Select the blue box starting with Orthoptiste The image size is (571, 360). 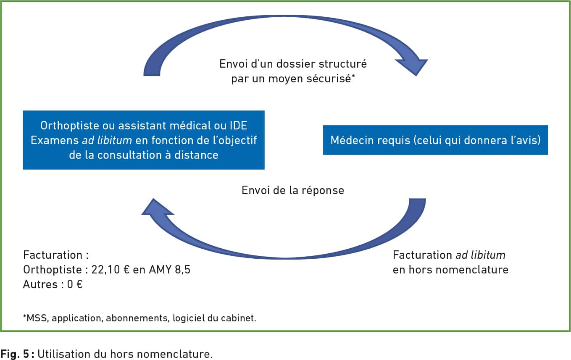coord(144,140)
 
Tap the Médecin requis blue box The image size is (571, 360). coord(435,140)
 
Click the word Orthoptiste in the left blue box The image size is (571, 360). coord(70,126)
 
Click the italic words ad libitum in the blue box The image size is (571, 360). coord(107,140)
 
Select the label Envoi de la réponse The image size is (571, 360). coord(293,190)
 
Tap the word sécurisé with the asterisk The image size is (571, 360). coord(331,79)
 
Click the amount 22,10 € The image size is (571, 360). coord(111,270)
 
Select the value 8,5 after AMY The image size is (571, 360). coord(183,270)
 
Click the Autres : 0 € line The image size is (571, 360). coord(53,284)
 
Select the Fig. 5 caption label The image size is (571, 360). coord(15,354)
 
